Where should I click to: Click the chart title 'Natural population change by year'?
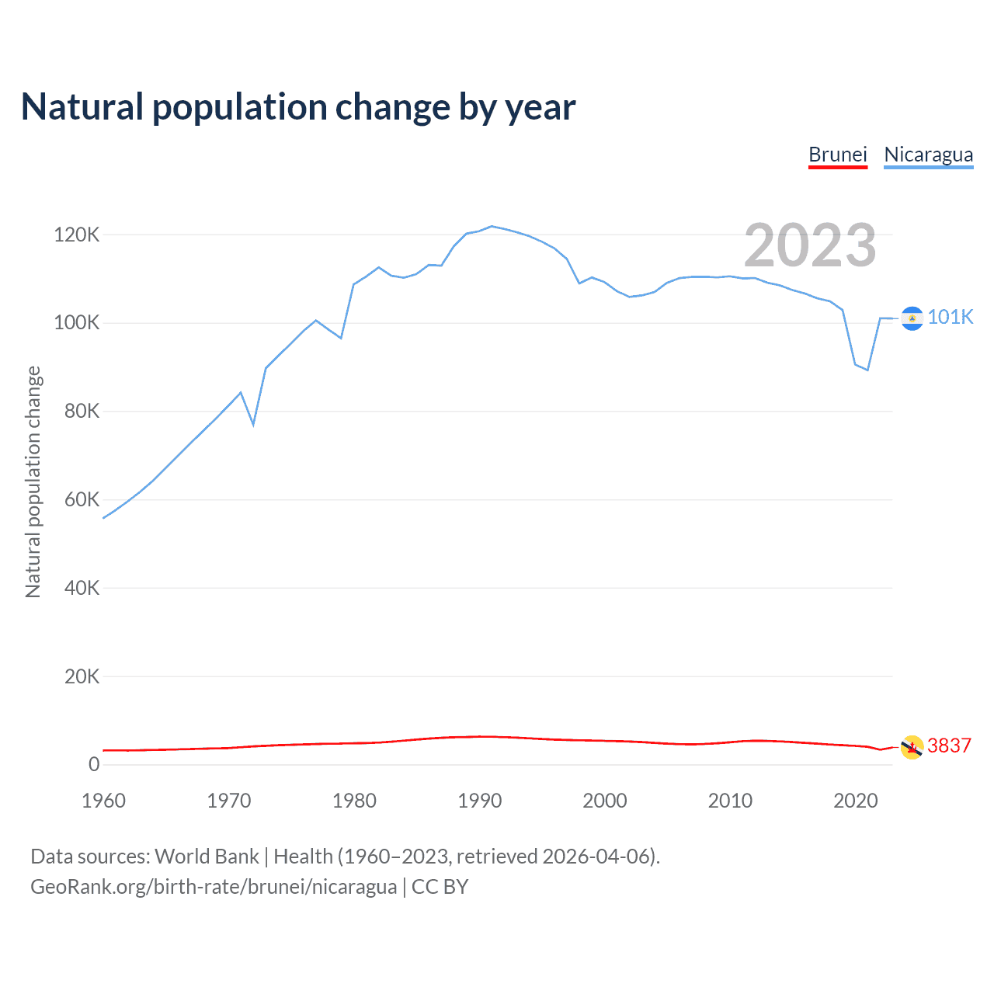tap(298, 107)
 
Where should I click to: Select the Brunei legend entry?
tap(837, 155)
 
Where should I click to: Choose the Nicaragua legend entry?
tap(928, 155)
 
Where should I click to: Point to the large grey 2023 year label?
tap(810, 245)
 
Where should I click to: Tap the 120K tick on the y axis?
tap(76, 235)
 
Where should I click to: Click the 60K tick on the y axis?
tap(82, 499)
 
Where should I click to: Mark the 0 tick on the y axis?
tap(94, 764)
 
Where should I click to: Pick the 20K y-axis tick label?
tap(82, 676)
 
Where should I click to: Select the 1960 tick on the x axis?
tap(103, 801)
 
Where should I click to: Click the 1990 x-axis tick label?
tap(479, 801)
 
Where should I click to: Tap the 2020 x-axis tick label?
tap(855, 801)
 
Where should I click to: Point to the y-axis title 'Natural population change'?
tap(33, 481)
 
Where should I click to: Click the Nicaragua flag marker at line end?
tap(912, 318)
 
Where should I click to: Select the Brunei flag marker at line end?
tap(912, 747)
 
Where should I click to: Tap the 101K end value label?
tap(950, 317)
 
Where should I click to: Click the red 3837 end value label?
tap(949, 745)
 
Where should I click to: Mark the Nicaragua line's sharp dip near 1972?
tap(253, 424)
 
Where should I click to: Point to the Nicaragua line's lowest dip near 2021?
tap(867, 370)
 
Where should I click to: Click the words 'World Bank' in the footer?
tap(207, 856)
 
